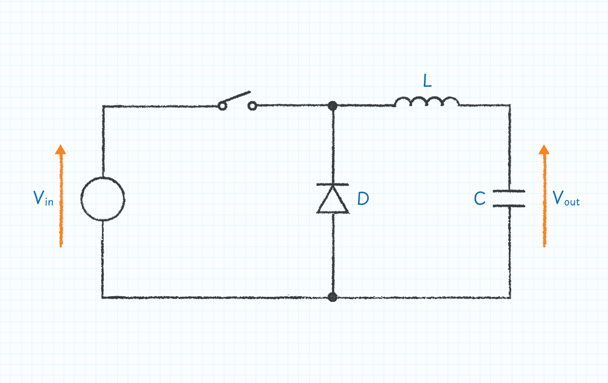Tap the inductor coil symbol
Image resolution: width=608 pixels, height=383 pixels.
pos(427,102)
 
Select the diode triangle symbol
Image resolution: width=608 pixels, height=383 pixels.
pos(333,202)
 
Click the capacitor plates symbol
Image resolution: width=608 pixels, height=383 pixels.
pos(509,198)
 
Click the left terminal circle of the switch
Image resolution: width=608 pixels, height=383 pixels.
pos(222,105)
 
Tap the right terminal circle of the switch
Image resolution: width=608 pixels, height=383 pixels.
pos(252,105)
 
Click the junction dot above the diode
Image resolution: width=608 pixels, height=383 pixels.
pos(333,105)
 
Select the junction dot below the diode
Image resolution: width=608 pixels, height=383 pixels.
pos(333,297)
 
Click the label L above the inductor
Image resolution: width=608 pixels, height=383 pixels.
pos(427,82)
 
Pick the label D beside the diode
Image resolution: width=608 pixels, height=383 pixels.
pos(363,199)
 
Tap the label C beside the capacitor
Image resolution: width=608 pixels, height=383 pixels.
pos(480,199)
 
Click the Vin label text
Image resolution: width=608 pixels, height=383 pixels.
pos(43,198)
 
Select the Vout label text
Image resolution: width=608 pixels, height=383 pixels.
pos(565,199)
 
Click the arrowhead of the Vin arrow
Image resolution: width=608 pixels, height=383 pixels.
pos(60,149)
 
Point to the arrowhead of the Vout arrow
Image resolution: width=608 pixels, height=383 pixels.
pos(544,149)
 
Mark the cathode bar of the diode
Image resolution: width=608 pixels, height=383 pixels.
pos(333,184)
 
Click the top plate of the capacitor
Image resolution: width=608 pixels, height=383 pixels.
pos(509,191)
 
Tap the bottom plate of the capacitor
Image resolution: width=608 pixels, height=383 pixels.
pos(509,206)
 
